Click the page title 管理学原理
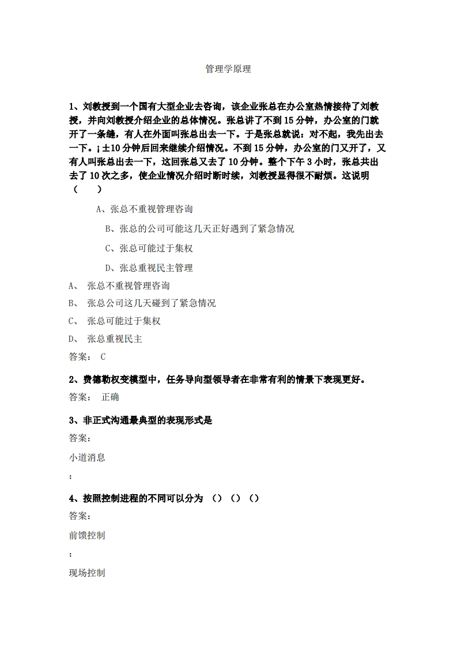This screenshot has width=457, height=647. pos(228,69)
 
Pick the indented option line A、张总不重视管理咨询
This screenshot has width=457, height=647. pos(144,209)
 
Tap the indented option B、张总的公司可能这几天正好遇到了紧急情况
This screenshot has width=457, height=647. pos(199,229)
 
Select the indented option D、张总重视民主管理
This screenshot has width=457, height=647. pos(149,268)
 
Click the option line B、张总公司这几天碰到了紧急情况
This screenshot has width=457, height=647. pos(142,303)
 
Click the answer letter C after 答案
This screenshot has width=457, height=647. pos(103,357)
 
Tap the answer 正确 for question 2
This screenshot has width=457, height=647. pos(110,397)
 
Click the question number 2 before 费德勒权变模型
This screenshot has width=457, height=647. pos(72,379)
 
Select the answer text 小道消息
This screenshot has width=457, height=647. pos(87,458)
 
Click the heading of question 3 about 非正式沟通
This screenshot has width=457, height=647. pos(141,420)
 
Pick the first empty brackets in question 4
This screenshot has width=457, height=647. pos(217,499)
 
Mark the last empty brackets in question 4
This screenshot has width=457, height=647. pos(254,499)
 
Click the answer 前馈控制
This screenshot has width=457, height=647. pos(87,536)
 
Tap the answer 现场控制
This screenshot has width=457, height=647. pos(87,573)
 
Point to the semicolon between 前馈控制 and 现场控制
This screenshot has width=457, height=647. pos(70,555)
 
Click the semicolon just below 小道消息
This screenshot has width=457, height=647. pos(70,477)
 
